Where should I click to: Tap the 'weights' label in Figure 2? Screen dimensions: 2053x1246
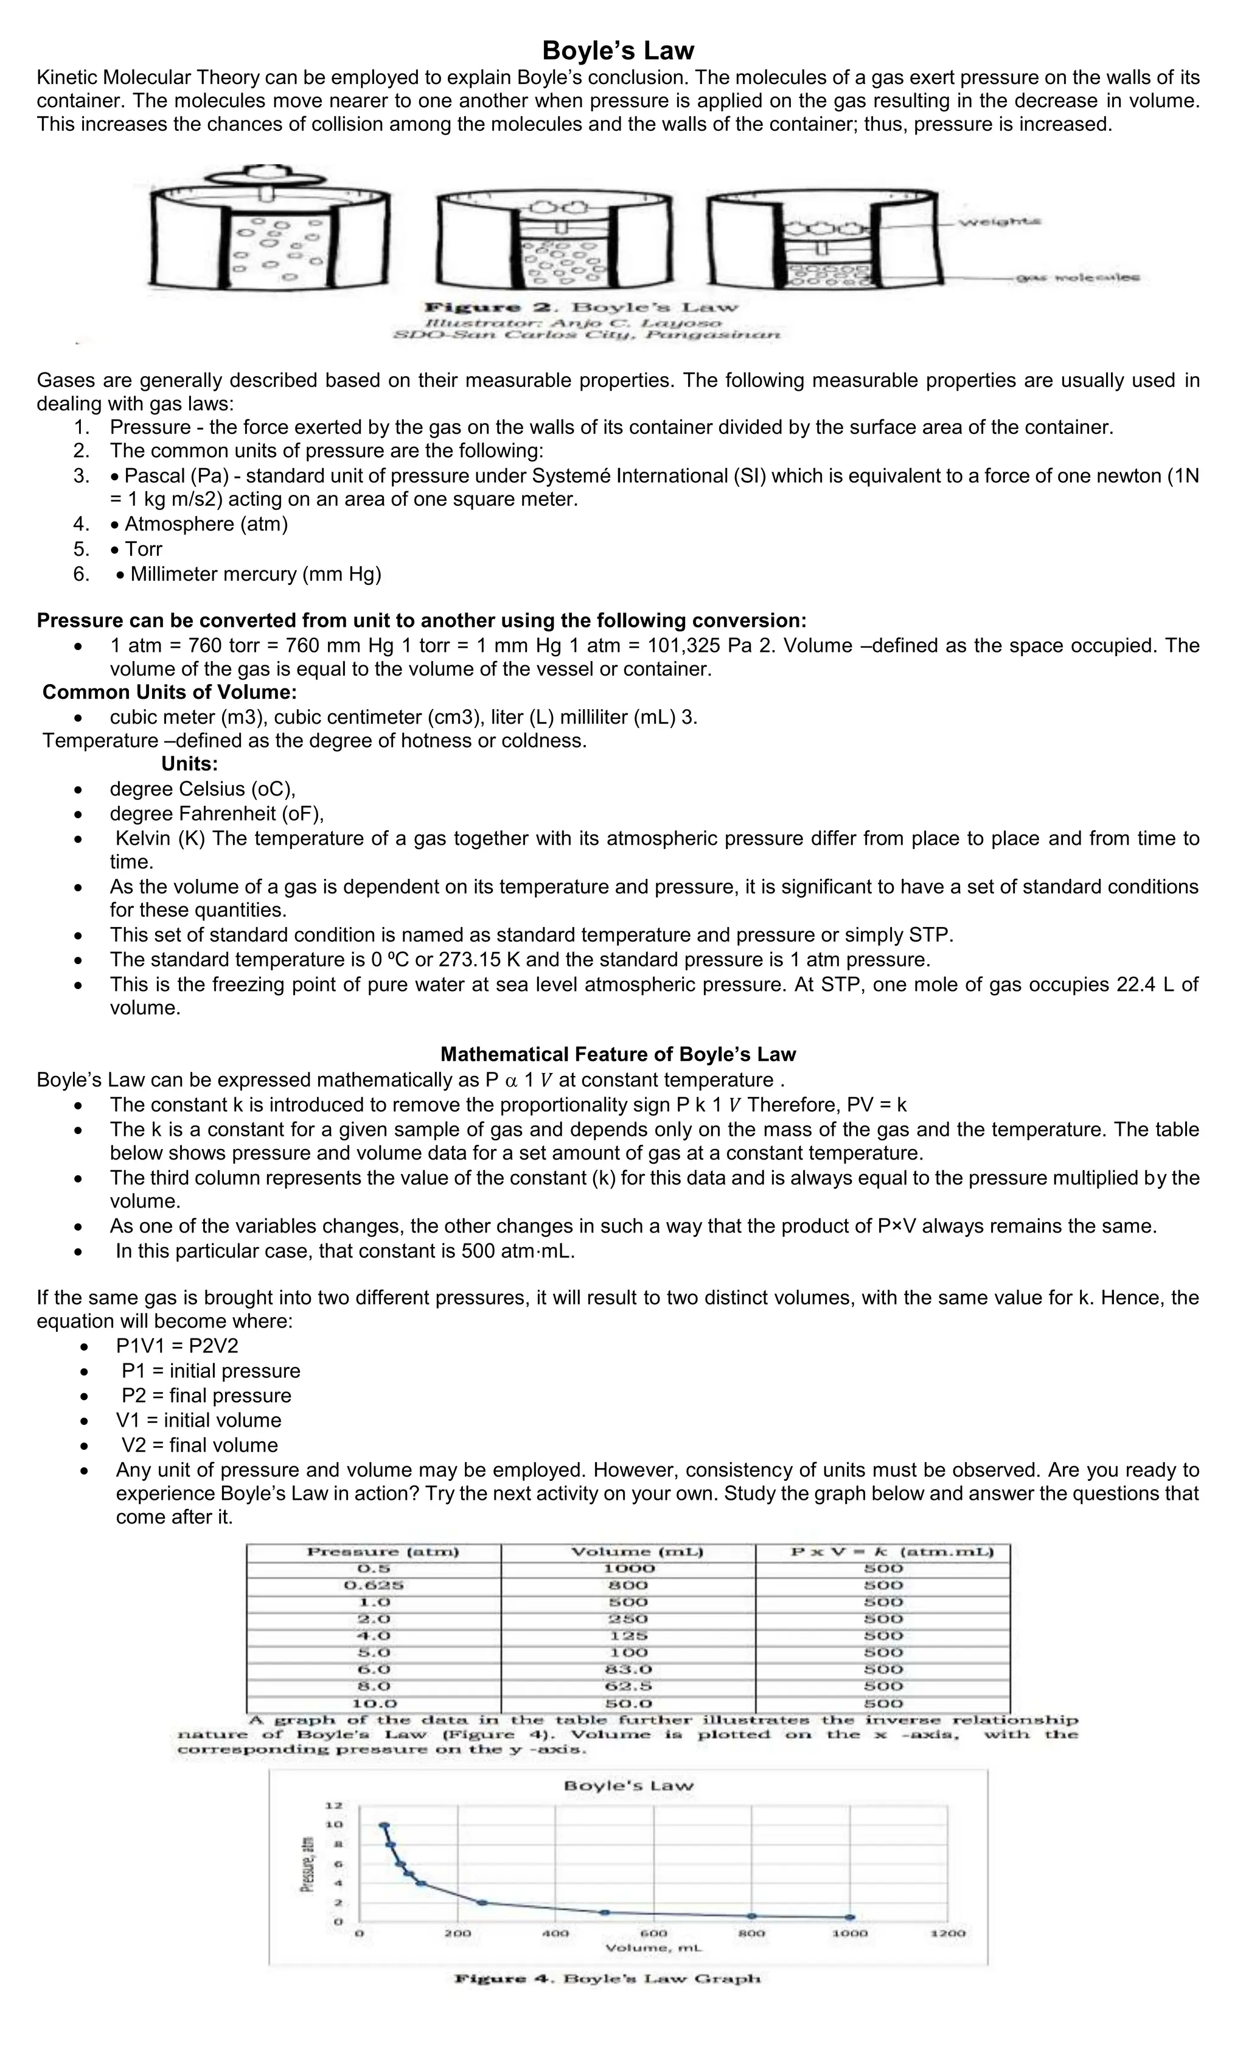pyautogui.click(x=1000, y=222)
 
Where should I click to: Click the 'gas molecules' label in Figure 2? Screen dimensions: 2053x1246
pyautogui.click(x=1077, y=278)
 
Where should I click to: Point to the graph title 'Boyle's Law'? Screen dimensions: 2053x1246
pyautogui.click(x=628, y=1786)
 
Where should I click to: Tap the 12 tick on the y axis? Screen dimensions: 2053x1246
pyautogui.click(x=333, y=1805)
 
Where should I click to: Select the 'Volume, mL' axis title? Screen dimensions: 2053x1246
pyautogui.click(x=653, y=1948)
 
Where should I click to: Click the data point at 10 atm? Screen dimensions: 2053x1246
pyautogui.click(x=384, y=1825)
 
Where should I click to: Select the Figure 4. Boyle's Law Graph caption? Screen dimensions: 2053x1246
pyautogui.click(x=607, y=1979)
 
